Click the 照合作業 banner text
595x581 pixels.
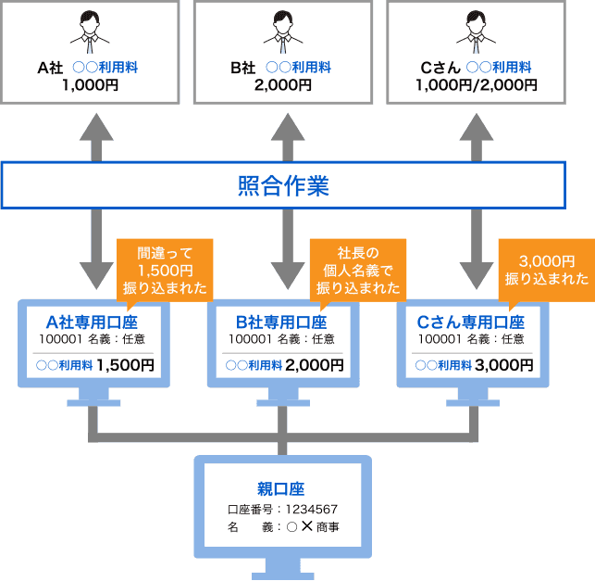coord(283,185)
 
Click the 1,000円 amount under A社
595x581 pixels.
coord(90,84)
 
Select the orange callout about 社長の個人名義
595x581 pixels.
coord(357,269)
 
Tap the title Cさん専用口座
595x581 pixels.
coord(471,322)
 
